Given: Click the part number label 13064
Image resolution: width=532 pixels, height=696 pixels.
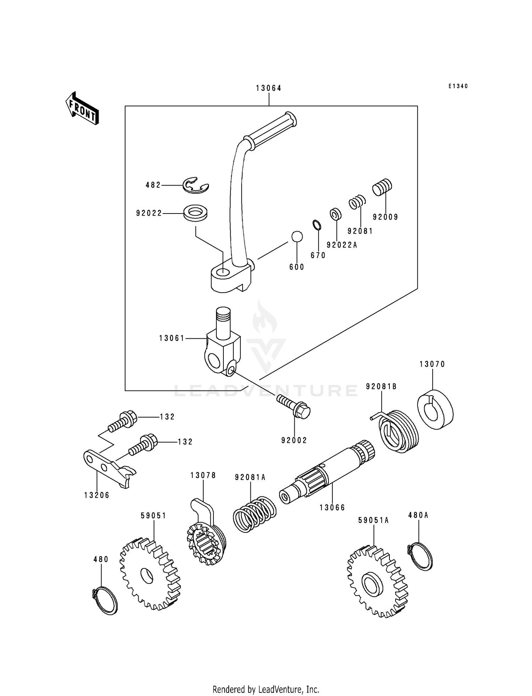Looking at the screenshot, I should pos(268,88).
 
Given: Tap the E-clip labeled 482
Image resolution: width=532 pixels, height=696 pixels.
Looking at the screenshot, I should pos(195,186).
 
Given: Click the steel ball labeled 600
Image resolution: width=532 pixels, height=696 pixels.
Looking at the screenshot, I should pos(297,237).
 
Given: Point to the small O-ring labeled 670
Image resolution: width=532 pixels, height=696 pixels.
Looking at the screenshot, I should pos(317,225).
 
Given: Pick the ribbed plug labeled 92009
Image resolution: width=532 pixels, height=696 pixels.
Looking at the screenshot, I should pos(382,187).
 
